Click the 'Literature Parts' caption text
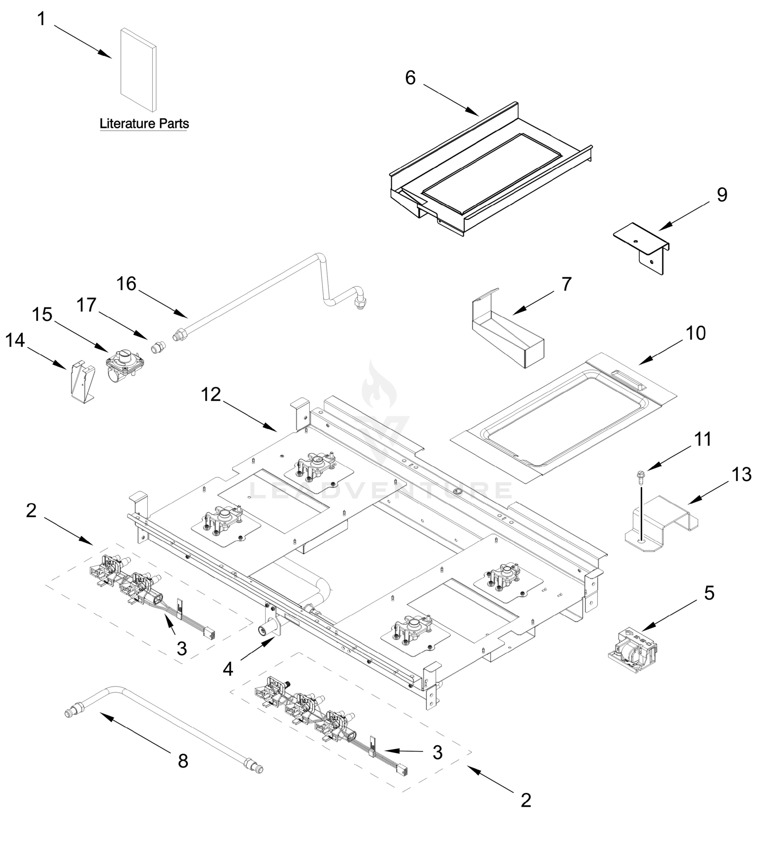click(144, 124)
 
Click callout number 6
click(410, 78)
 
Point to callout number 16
click(126, 284)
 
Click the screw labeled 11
click(641, 477)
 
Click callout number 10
click(695, 333)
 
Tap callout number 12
click(211, 395)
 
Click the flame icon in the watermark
click(379, 385)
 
